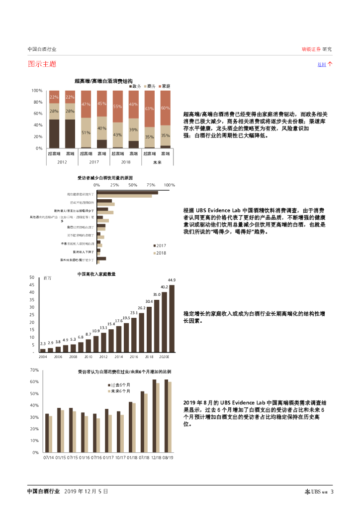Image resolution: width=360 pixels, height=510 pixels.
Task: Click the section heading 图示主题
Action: pos(42,64)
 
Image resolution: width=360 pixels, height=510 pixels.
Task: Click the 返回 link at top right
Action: pos(322,65)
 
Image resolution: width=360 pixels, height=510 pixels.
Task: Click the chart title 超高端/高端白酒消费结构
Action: pos(103,80)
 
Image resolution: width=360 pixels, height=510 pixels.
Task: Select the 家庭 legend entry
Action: pos(166,86)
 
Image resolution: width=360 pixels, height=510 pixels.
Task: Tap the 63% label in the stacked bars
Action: pos(149,109)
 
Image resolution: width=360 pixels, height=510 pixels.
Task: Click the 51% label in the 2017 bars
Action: pos(86,133)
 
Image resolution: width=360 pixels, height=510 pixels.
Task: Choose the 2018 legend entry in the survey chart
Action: pos(161,253)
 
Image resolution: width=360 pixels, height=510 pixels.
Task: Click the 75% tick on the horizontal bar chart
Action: pos(151,185)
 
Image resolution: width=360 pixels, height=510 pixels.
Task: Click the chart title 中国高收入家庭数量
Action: pos(96,274)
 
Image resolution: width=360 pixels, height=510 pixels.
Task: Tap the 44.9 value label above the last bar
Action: pos(172,280)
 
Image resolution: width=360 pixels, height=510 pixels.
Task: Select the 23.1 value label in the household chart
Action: pos(134,313)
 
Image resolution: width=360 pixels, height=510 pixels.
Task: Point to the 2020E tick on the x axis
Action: pos(165,357)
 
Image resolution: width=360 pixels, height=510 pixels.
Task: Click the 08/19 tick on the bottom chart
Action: pos(168,457)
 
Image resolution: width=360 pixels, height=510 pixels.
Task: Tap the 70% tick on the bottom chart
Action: pos(34,370)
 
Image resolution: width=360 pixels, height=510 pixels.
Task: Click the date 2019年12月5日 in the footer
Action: pos(86,492)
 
